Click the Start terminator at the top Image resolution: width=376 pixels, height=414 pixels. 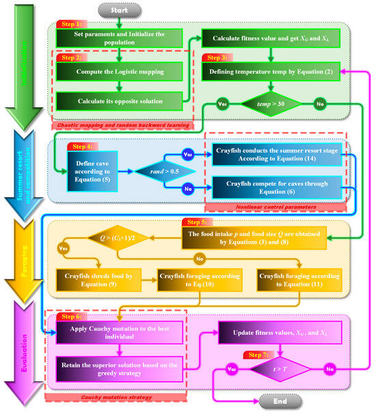tap(120, 10)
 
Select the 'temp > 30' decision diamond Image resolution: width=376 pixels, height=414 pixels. tap(271, 107)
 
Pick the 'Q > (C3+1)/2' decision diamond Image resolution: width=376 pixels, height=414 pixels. tap(122, 240)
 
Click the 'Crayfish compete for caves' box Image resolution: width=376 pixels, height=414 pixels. tap(275, 187)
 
